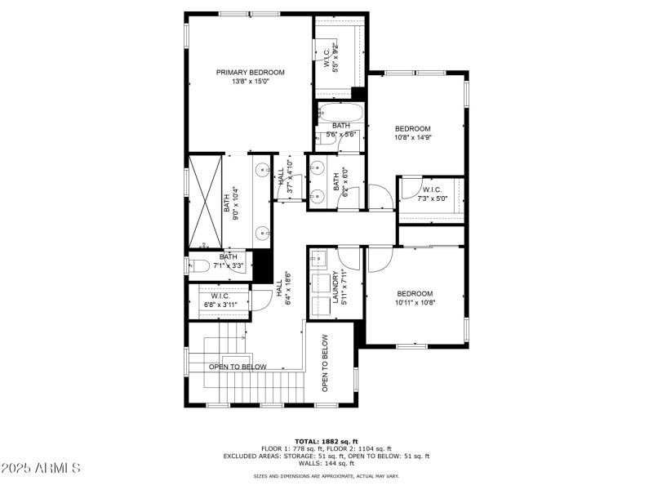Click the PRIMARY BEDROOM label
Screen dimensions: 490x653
[x=250, y=73]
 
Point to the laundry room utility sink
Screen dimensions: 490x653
[x=318, y=261]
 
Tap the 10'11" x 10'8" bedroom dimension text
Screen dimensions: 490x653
[x=415, y=303]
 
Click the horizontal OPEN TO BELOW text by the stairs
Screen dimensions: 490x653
[x=238, y=367]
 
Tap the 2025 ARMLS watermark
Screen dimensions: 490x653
[x=41, y=468]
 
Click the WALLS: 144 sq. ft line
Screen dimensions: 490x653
[x=326, y=464]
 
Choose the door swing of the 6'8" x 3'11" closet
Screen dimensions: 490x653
[x=262, y=300]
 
